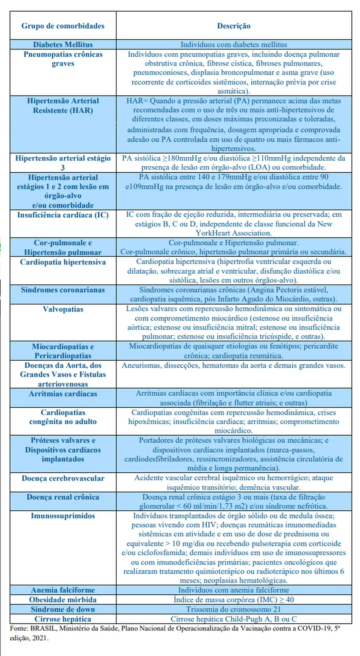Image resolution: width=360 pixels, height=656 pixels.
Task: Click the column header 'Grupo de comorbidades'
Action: click(63, 26)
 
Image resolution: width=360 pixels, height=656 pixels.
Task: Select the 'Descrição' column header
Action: click(233, 26)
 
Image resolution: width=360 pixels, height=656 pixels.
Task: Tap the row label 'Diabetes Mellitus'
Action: click(63, 45)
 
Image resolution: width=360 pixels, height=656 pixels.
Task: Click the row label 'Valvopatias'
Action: click(63, 309)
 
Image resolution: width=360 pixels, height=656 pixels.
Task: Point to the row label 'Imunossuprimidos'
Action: click(63, 516)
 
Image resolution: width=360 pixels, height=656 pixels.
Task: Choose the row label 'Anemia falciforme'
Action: click(63, 590)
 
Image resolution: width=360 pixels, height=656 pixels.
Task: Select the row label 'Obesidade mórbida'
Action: click(63, 600)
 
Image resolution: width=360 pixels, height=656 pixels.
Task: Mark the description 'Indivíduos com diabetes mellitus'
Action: click(233, 45)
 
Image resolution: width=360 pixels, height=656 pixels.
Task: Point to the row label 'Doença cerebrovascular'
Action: click(63, 479)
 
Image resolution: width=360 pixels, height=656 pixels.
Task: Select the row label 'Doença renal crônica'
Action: click(63, 497)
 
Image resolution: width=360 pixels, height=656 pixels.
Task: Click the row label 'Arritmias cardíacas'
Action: click(63, 394)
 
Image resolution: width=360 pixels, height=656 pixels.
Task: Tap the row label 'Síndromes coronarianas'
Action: click(63, 290)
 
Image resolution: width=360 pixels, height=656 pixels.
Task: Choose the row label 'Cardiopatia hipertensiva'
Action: click(63, 262)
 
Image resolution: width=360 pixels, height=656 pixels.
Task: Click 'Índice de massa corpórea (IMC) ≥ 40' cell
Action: click(233, 600)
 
